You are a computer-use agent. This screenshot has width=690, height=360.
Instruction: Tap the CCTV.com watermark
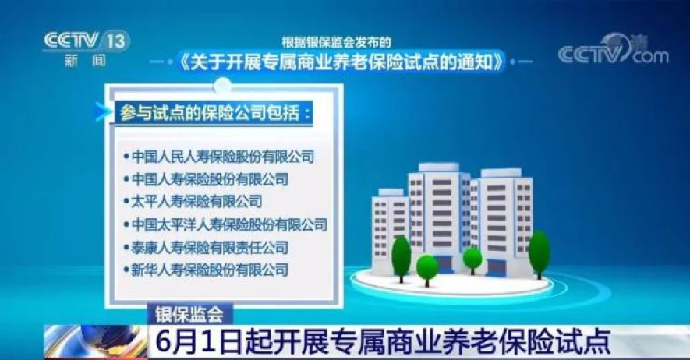[614, 50]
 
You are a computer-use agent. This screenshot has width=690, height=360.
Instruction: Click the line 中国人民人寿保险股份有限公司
[223, 157]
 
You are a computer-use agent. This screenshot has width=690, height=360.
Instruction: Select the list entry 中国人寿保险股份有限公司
[210, 179]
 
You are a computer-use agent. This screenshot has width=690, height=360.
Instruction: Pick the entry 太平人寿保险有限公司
[196, 201]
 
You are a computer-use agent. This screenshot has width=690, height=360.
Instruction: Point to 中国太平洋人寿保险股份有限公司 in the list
[229, 224]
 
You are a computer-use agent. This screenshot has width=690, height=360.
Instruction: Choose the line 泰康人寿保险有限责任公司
[210, 248]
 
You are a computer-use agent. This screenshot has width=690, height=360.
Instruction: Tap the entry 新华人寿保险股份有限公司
[210, 270]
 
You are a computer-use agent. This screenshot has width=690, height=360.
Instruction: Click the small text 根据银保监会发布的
[337, 42]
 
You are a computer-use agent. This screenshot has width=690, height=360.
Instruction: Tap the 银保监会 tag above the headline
[189, 314]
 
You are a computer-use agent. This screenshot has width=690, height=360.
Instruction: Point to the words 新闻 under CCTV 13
[86, 60]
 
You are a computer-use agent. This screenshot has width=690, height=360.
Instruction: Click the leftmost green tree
[401, 259]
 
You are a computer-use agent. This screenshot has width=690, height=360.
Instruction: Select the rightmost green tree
[540, 254]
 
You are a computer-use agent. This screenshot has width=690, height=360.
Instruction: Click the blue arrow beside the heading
[103, 112]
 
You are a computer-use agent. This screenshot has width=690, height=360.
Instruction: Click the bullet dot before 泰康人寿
[126, 248]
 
